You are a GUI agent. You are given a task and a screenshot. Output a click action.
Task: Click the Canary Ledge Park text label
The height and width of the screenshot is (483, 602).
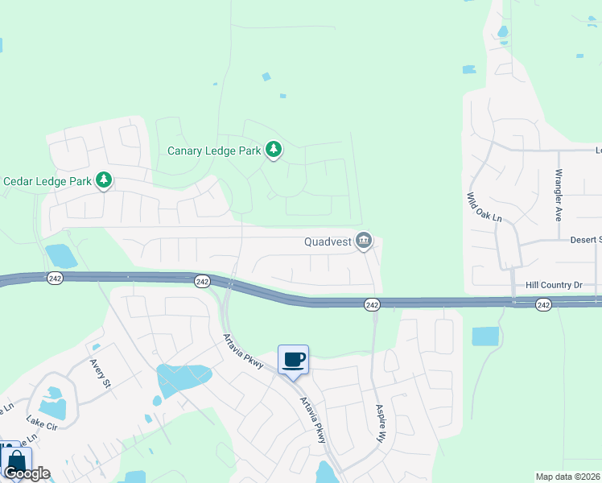pos(214,151)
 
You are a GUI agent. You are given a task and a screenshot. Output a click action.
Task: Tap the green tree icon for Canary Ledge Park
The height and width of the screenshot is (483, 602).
pos(274,150)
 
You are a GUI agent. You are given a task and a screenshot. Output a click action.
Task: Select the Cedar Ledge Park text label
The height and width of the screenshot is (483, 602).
pos(47,180)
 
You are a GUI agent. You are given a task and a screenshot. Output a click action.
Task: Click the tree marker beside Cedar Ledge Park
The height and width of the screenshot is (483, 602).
pos(103,180)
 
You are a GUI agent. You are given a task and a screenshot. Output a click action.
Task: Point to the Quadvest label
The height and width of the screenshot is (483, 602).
pos(329,241)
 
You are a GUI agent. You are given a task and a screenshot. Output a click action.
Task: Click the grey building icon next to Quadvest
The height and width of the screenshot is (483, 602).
pos(365,240)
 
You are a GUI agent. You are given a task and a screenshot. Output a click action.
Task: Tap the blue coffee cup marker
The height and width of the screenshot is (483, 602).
pos(294,359)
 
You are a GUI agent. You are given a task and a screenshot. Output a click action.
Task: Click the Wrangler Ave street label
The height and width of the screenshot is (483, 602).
pos(557,196)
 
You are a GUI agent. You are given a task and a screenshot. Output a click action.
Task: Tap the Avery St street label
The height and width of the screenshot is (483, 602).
pos(100,374)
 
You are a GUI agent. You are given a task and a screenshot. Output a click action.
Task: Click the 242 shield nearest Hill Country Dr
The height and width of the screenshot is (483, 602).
pos(543,304)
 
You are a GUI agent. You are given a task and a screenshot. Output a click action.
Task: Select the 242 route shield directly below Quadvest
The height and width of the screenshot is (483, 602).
pos(371,304)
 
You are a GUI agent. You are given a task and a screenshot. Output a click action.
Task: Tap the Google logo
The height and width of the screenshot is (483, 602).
pos(27,473)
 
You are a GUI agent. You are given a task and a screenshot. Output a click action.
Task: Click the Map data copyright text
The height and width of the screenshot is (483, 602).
pos(568,477)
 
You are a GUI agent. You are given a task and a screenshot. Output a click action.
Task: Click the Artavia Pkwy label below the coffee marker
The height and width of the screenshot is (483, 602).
pos(313,419)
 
